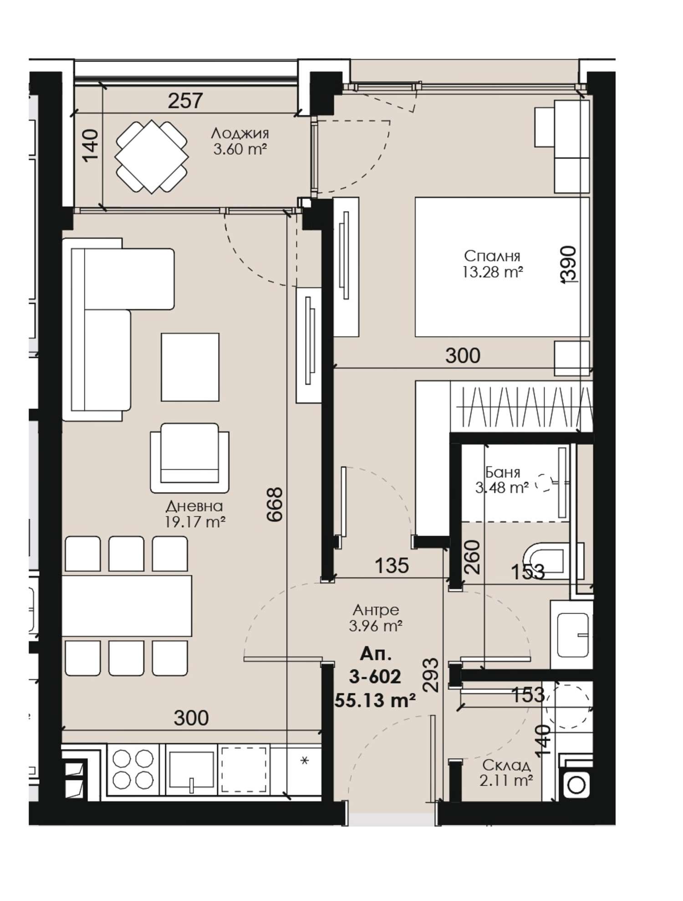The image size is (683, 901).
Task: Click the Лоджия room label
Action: coord(240,133)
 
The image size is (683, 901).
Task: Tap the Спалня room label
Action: coord(492,256)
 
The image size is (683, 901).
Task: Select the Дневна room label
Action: coord(194,506)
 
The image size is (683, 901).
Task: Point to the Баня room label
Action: coord(503,472)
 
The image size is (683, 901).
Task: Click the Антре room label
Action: coord(376,609)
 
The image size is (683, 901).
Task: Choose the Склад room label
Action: coord(506,764)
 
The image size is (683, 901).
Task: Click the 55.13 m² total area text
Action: coord(375,699)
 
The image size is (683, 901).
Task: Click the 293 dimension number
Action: coord(431,675)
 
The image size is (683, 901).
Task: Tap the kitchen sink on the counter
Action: coord(192,770)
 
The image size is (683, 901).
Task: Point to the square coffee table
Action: coord(190,367)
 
